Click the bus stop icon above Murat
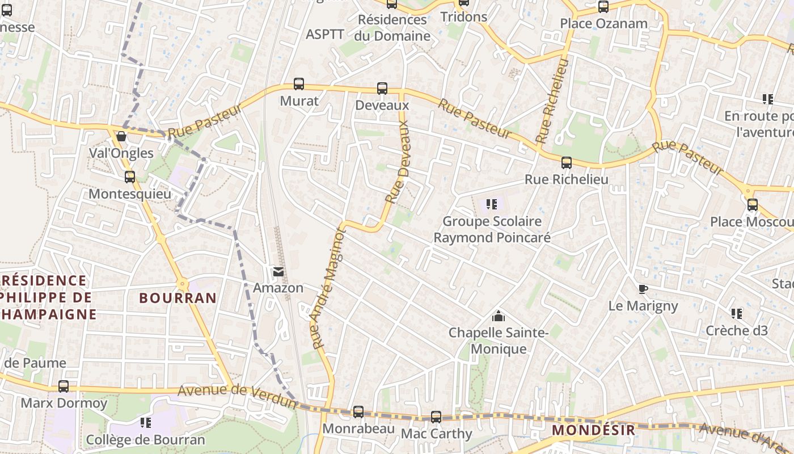click(299, 84)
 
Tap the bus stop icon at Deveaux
click(382, 89)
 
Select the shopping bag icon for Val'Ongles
click(121, 136)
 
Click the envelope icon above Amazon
click(278, 272)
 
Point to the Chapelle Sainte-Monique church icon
click(498, 316)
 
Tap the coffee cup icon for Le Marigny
click(643, 289)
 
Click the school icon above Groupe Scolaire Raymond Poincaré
click(491, 204)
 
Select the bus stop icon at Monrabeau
click(358, 412)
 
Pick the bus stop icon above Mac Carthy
click(436, 417)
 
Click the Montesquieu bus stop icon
click(130, 177)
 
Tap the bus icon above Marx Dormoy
click(64, 386)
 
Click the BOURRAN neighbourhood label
click(178, 298)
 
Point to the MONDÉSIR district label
click(593, 430)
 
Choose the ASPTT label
click(325, 34)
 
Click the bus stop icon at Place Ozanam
click(603, 7)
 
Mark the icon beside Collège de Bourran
click(146, 423)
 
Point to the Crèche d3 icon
click(736, 313)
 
